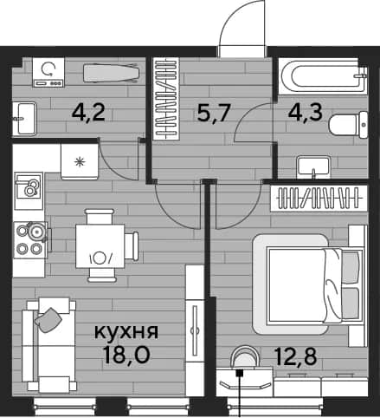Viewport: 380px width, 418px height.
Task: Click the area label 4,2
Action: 88,113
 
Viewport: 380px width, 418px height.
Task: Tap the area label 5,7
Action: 214,113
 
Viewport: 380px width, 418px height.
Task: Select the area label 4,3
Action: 306,113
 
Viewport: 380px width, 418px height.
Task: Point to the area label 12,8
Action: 296,356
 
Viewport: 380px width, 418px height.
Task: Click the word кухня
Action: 126,331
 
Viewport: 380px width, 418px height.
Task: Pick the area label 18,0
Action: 126,355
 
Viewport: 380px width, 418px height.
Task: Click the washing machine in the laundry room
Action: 48,72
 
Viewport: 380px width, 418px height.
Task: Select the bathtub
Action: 323,76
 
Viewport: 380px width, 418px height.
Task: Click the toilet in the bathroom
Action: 348,125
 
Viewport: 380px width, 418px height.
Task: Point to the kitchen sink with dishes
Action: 29,191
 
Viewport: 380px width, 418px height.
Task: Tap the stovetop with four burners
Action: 31,239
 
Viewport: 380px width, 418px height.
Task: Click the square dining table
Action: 100,246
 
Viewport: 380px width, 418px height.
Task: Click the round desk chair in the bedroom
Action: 245,358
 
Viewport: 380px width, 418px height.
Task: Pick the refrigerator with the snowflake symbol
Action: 80,161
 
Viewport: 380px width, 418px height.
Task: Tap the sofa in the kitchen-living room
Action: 49,345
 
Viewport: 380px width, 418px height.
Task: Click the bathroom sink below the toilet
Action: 313,167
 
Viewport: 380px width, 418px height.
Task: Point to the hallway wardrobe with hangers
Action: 166,99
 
